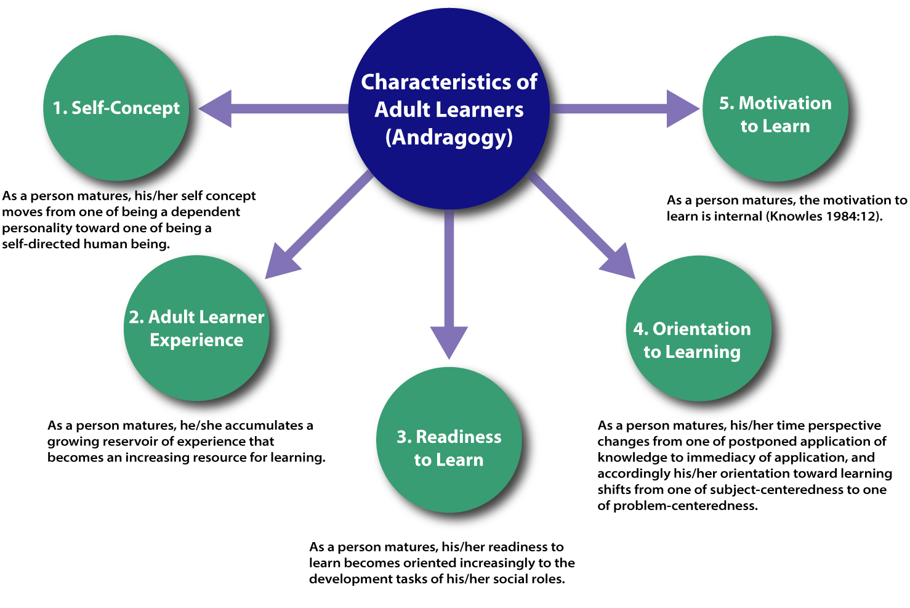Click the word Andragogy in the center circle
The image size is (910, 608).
pos(449,137)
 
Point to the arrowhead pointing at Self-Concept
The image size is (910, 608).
pos(217,109)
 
